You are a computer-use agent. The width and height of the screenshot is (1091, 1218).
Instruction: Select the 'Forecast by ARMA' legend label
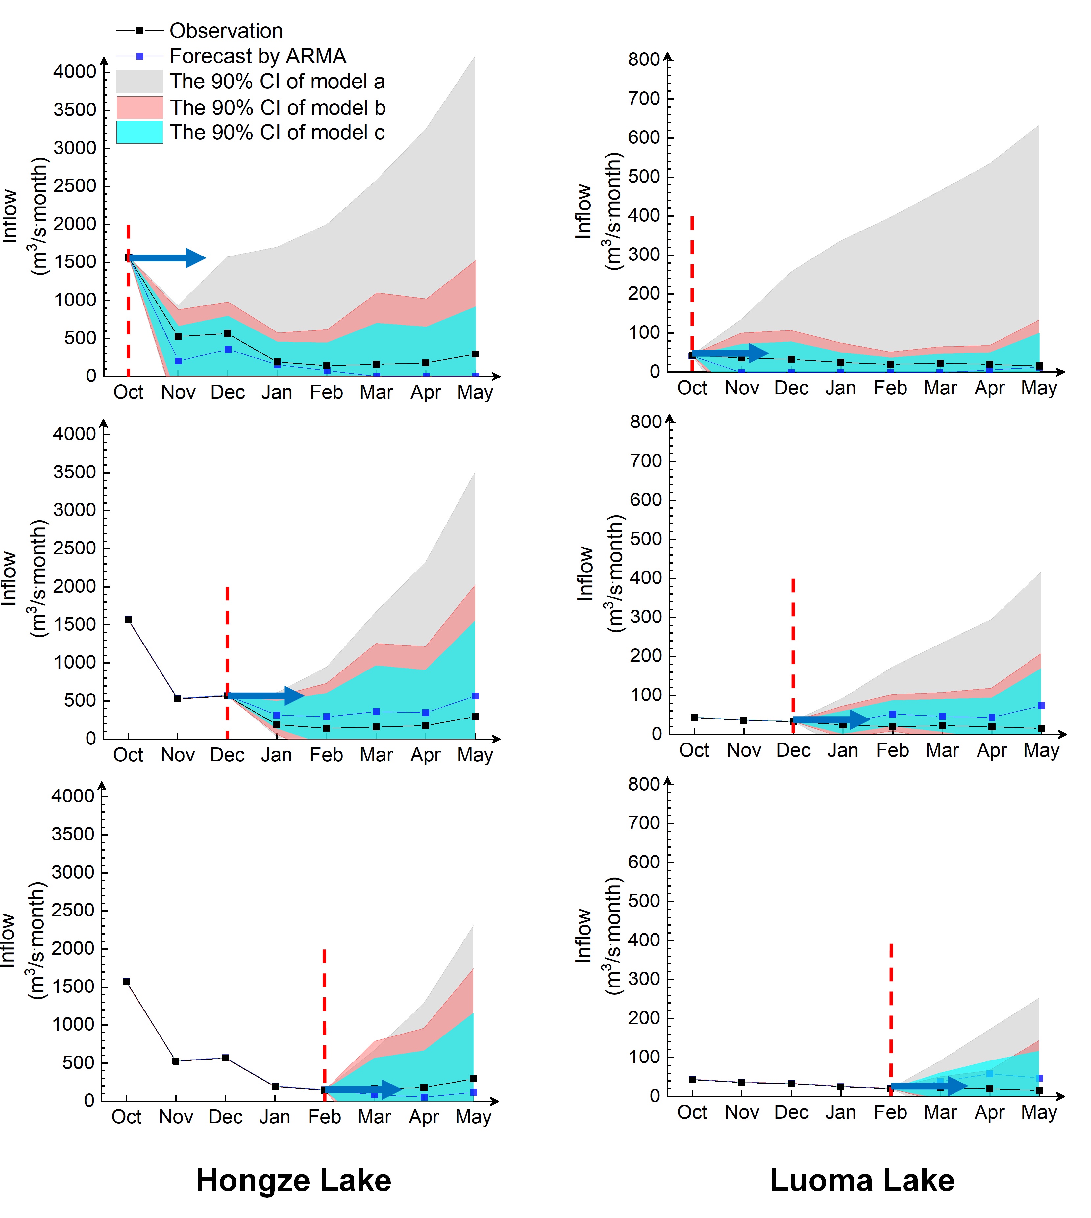click(x=258, y=56)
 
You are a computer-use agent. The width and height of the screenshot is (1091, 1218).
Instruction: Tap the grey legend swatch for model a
click(x=139, y=81)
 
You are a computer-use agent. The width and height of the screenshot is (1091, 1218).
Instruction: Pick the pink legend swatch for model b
click(x=139, y=107)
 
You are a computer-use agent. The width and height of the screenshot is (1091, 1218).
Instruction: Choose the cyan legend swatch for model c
click(x=139, y=133)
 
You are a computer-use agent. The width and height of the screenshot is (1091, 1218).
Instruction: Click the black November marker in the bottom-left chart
click(x=176, y=1061)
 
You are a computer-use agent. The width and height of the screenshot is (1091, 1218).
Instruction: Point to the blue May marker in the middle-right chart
click(x=1041, y=705)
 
